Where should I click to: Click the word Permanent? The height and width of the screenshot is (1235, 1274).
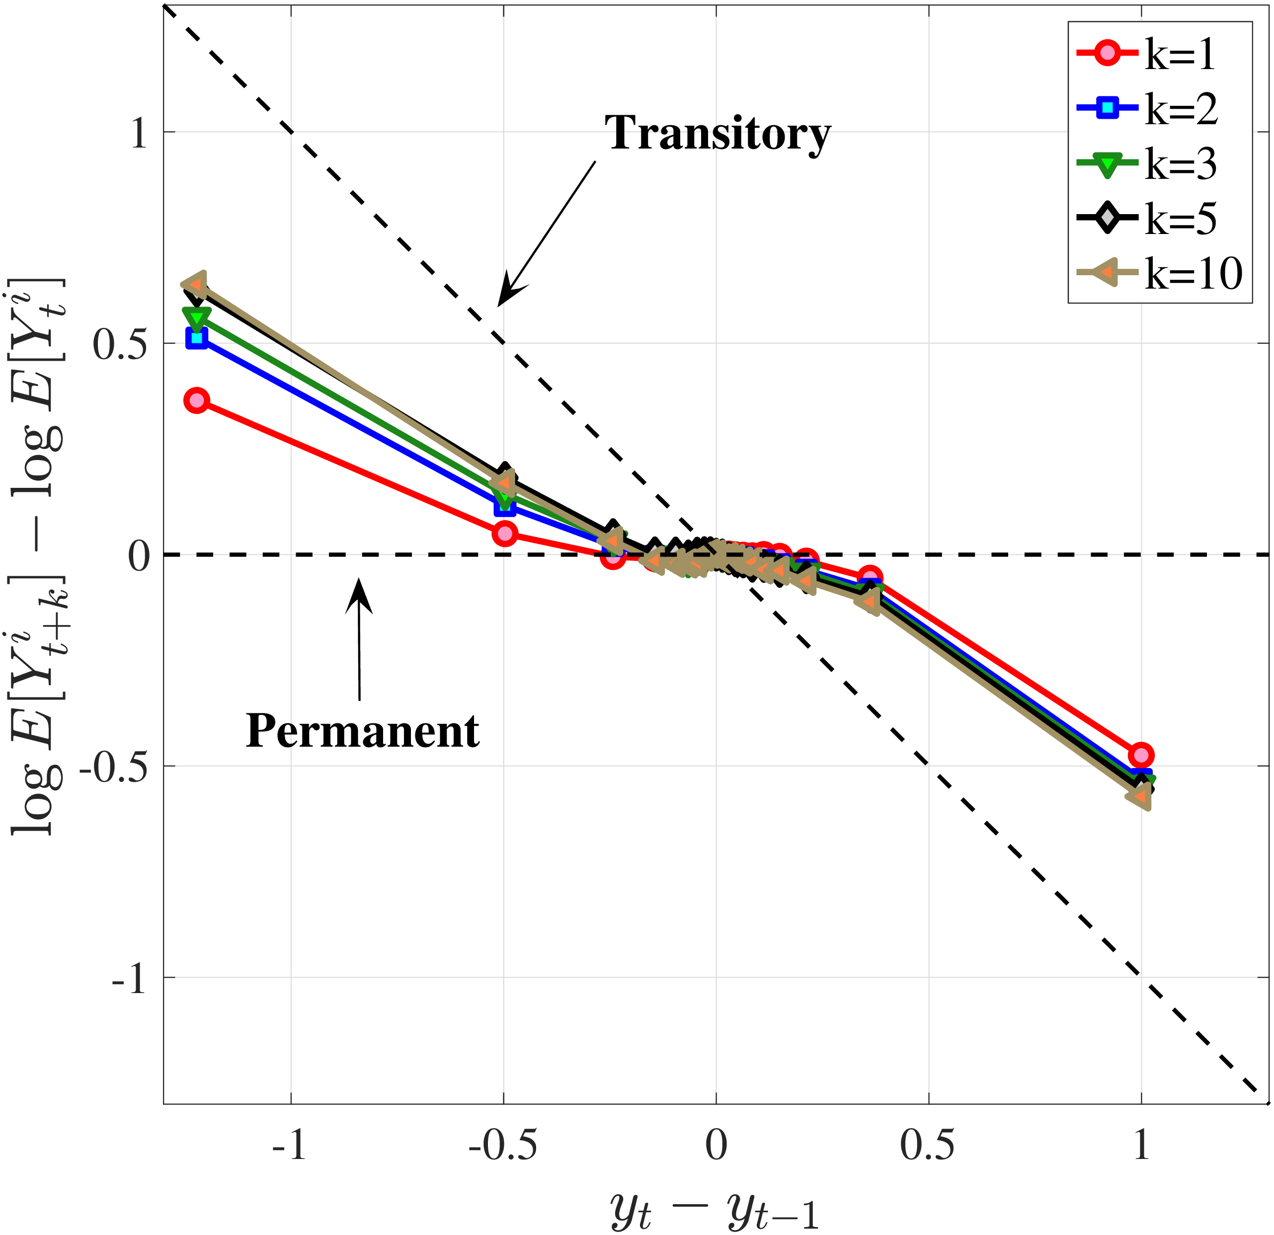[362, 731]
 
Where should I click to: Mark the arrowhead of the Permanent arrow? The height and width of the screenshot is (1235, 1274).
[359, 585]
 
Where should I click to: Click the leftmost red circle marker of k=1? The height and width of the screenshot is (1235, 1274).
[196, 400]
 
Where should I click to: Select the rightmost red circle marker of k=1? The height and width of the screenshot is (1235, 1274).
[1141, 755]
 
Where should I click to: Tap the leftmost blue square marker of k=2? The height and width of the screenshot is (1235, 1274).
[196, 337]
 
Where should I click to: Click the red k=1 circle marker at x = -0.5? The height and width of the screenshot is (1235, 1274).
[504, 534]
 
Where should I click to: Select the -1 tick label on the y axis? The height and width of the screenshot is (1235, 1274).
[128, 979]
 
